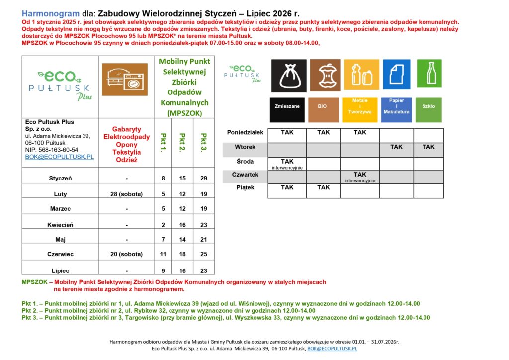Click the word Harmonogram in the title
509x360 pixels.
44,13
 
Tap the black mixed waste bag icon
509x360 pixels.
288,74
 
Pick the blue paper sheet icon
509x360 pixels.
396,74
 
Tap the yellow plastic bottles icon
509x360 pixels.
361,74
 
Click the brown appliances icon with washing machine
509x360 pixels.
124,80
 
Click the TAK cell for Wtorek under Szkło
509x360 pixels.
428,147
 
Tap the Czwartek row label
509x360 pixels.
245,175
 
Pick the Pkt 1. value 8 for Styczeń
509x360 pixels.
163,178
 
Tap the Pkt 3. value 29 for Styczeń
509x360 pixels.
204,178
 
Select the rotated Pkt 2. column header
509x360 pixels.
183,143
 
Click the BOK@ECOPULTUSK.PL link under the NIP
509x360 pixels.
59,157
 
